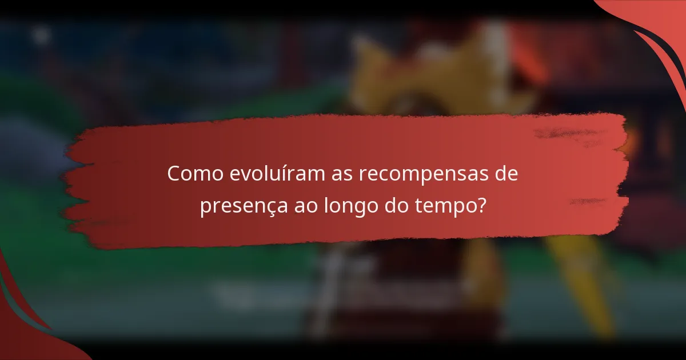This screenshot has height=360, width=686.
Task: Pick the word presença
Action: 236,207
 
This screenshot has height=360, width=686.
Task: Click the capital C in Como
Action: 174,174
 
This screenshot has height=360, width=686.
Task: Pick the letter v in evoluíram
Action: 247,175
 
